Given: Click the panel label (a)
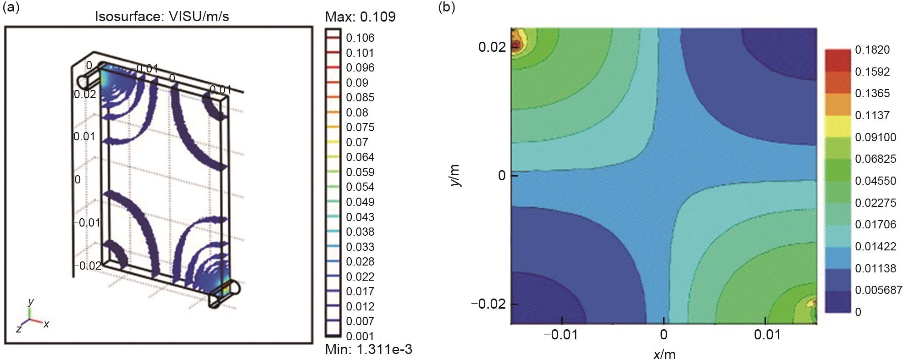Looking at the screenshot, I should [x=11, y=7].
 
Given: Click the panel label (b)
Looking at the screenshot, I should [x=447, y=7].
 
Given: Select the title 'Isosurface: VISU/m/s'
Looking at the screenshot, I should [x=161, y=17].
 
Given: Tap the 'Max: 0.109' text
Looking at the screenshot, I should [x=360, y=17].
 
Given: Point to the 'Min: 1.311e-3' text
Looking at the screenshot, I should [x=368, y=349].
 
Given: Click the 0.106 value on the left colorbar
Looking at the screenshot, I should [x=360, y=38].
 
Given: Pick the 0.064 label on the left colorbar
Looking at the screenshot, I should [x=360, y=157].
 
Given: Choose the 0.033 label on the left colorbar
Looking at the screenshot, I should [x=360, y=247].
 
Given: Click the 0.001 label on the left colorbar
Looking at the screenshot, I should [x=360, y=336].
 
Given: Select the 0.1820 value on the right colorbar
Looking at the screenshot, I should [x=872, y=50].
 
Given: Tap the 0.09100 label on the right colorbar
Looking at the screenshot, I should [x=875, y=137].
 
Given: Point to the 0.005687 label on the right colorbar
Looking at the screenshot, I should [x=878, y=290].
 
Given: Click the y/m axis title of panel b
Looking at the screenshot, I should [x=455, y=176].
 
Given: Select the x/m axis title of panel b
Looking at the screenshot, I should [x=664, y=354].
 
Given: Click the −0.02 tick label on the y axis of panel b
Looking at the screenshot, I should [x=488, y=304].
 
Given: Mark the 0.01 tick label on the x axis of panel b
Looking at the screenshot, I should [x=767, y=335].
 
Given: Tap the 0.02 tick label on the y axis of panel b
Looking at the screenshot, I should [x=492, y=47].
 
